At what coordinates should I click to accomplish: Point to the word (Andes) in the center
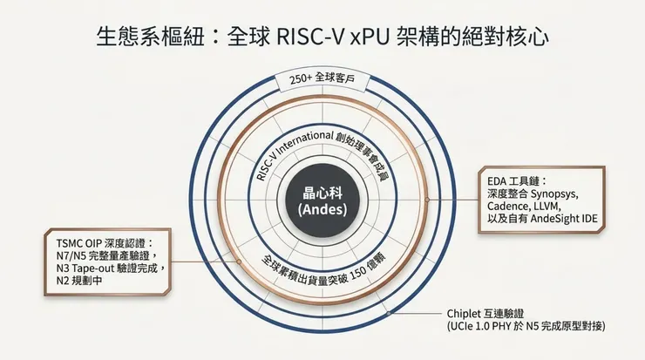(x=322, y=210)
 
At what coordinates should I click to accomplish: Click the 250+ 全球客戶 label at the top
(x=322, y=80)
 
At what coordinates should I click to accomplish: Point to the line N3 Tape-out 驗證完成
(x=108, y=268)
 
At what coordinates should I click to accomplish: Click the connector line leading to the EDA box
(x=455, y=198)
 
